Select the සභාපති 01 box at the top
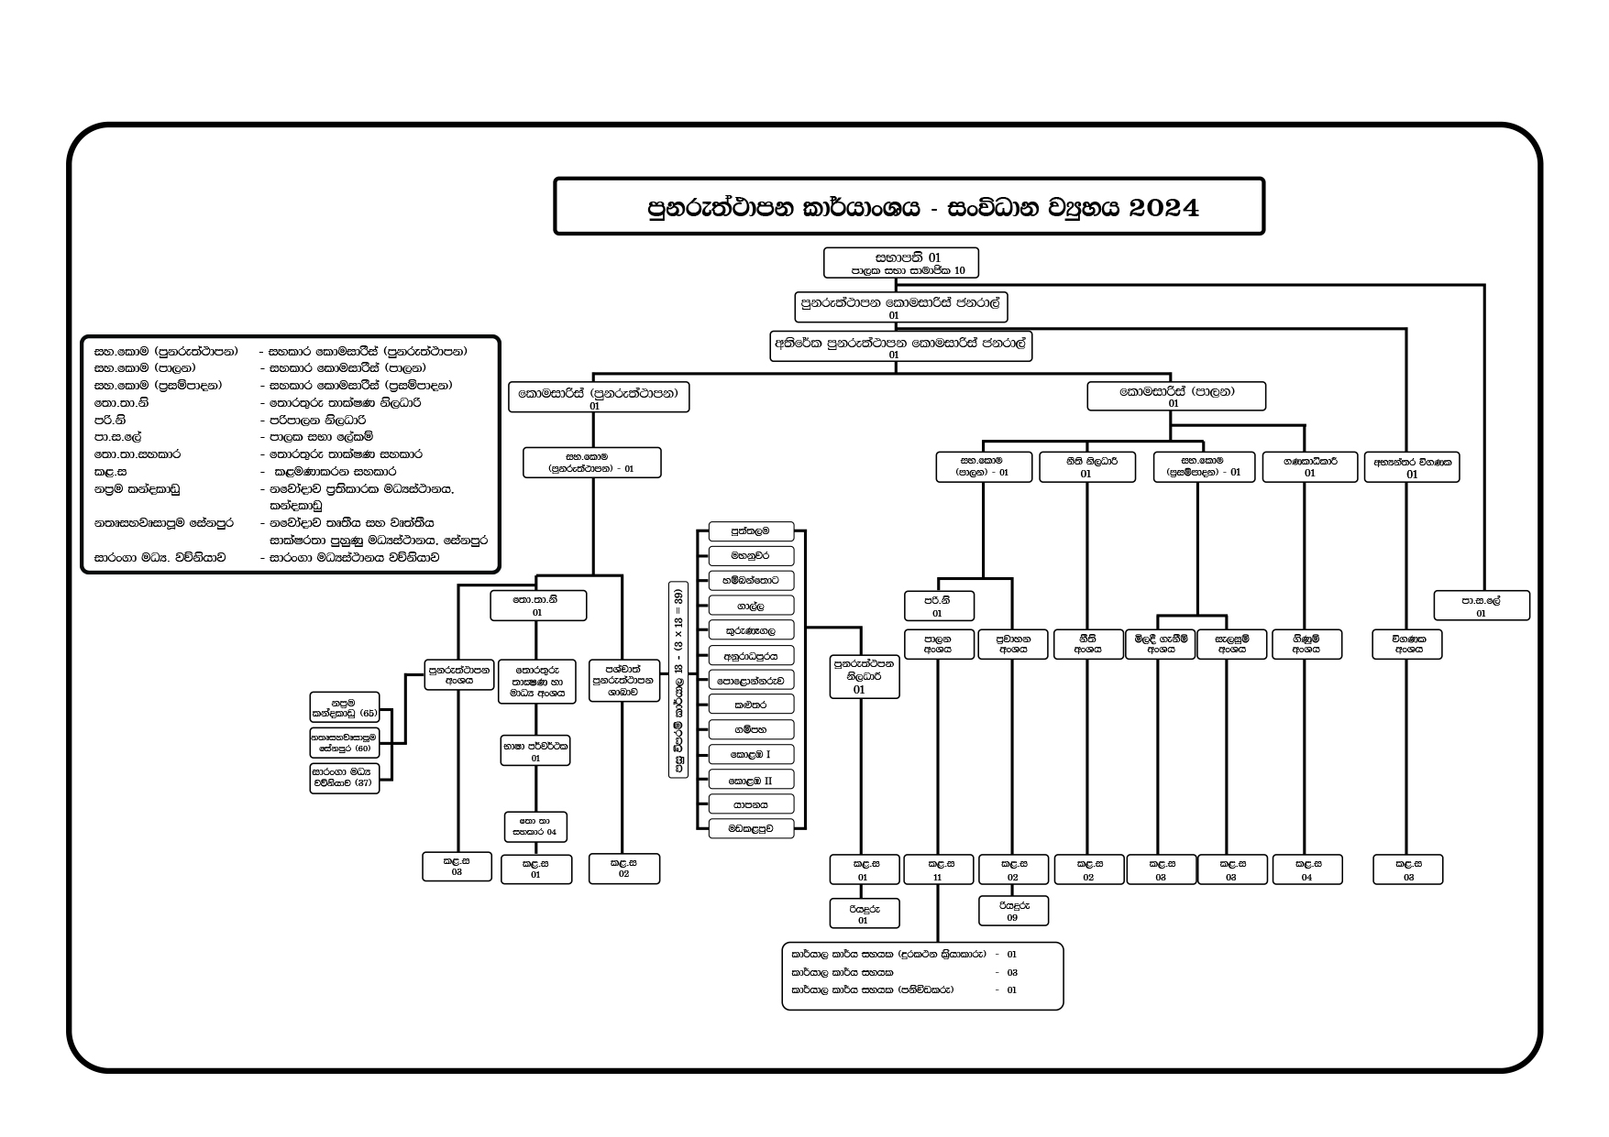[900, 263]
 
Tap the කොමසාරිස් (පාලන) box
[1175, 397]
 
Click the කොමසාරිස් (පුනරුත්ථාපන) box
[598, 398]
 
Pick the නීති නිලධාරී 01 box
[1086, 466]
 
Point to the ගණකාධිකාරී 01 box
[1309, 466]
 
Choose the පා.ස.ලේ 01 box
[1481, 606]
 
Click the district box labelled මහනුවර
[750, 555]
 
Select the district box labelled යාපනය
[750, 804]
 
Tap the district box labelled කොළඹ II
[750, 780]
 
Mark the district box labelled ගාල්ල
[750, 605]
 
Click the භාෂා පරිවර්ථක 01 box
[535, 751]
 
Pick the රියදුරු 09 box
[1012, 911]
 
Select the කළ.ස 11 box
[937, 869]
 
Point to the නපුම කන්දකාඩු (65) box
[344, 706]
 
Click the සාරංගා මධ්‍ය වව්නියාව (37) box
[344, 778]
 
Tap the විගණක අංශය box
[1407, 643]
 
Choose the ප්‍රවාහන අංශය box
[1012, 643]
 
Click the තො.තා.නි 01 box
[537, 606]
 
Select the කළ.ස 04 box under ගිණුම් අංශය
[1306, 869]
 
